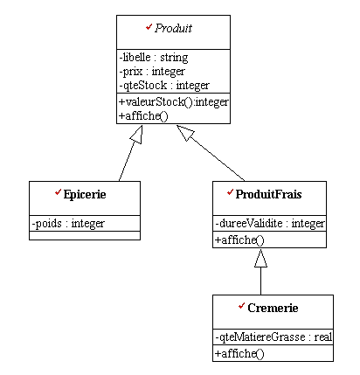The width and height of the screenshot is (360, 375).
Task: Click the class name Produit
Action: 173,28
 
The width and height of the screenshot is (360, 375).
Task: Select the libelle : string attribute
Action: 154,58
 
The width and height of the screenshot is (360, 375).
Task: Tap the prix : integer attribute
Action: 152,72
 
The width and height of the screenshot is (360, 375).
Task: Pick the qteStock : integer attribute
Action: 164,86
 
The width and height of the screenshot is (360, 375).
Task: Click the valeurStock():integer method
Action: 174,101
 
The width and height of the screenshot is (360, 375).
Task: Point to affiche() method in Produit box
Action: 143,116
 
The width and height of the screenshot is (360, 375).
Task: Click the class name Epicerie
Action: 85,194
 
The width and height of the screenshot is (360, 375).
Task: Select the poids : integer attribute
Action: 68,224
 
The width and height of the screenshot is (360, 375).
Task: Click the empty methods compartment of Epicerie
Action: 85,236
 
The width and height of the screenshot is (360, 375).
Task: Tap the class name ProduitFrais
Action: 268,194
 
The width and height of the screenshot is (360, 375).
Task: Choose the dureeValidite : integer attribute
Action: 270,224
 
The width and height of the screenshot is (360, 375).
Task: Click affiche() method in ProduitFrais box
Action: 239,240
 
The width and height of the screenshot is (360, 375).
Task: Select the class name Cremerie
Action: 273,308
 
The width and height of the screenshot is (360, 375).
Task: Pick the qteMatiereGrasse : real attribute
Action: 273,337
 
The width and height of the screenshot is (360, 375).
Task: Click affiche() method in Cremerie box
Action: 239,354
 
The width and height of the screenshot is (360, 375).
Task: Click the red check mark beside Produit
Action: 149,27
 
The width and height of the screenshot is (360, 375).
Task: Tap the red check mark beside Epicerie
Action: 58,192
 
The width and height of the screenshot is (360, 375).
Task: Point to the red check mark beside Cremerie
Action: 241,306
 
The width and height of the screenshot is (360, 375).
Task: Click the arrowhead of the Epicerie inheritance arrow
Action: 137,135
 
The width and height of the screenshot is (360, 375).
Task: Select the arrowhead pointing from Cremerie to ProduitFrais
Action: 260,258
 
